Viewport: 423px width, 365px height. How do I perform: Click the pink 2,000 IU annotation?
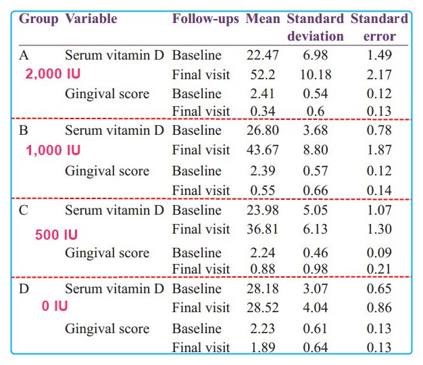coord(51,74)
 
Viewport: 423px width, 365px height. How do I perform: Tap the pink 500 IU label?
coord(56,235)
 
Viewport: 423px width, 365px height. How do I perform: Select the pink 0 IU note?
coord(55,306)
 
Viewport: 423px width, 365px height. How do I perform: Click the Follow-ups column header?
coord(205,18)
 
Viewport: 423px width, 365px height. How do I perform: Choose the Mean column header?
coord(262,18)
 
